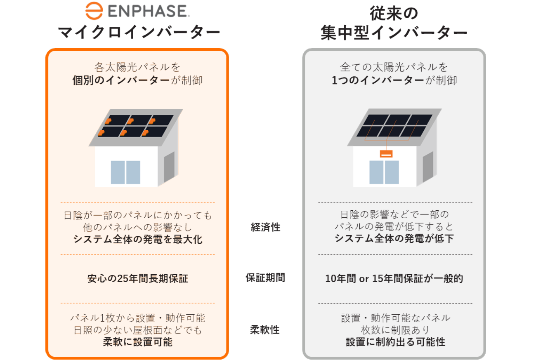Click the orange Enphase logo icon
[x=94, y=11]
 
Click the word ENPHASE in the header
[x=149, y=11]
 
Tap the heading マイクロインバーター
[x=139, y=32]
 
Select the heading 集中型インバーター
[x=394, y=33]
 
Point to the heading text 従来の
[x=394, y=13]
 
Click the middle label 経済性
[x=265, y=227]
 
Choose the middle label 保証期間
[x=265, y=278]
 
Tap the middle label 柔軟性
[x=265, y=329]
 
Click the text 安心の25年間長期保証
[x=137, y=279]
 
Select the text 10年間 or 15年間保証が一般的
[x=394, y=278]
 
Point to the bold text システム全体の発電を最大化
[x=138, y=239]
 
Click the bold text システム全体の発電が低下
[x=394, y=238]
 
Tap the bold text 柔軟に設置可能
[x=138, y=342]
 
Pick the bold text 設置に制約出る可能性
[x=396, y=342]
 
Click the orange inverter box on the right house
[x=386, y=153]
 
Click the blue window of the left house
[x=125, y=172]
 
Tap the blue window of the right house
[x=384, y=172]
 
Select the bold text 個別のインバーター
[x=121, y=80]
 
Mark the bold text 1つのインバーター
[x=378, y=80]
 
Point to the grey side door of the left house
[x=169, y=167]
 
